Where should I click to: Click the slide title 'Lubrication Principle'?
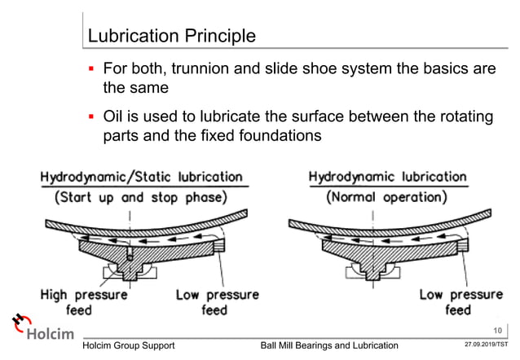171,37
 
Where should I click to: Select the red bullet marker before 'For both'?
92,69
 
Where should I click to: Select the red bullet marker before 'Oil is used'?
92,118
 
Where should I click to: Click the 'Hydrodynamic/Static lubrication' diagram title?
142,176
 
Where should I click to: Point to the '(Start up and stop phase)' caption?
143,198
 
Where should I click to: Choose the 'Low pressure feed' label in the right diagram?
460,301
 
